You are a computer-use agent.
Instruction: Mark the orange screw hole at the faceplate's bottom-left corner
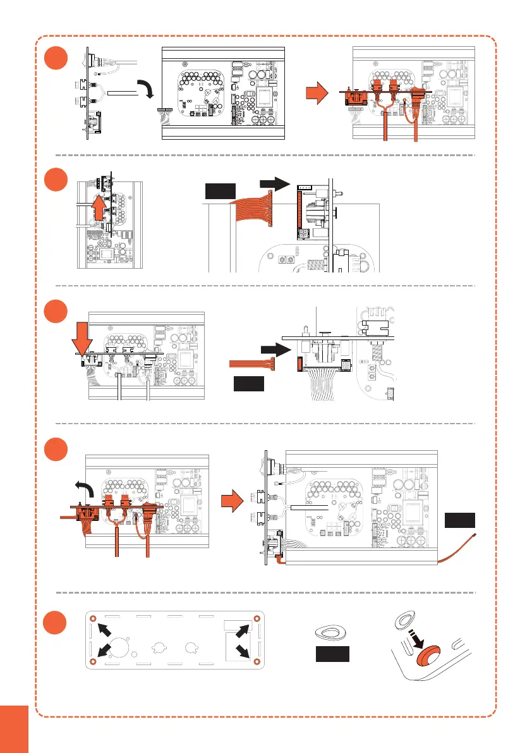click(94, 661)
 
